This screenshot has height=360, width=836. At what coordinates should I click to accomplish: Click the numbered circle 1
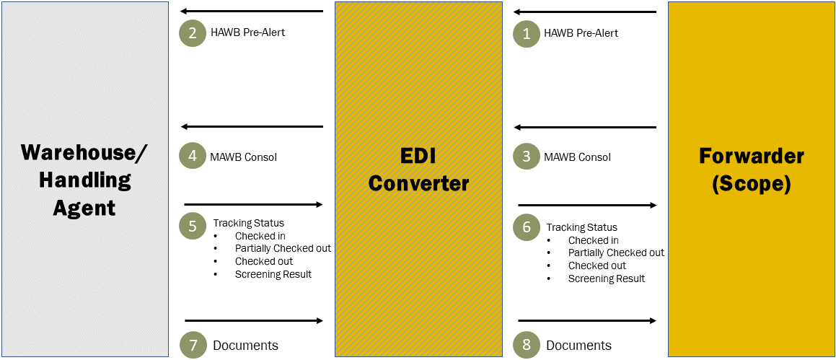coord(527,33)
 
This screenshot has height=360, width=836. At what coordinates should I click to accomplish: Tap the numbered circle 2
coord(193,33)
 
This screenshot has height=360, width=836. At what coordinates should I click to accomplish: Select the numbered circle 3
coord(527,157)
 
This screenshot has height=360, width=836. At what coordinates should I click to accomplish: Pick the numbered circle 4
coord(193,157)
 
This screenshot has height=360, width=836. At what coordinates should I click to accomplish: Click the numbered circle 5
coord(193,226)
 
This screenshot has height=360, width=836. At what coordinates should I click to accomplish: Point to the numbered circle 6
coord(527,227)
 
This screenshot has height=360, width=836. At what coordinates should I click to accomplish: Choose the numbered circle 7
coord(193,345)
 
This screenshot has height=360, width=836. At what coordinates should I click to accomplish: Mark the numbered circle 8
coord(527,345)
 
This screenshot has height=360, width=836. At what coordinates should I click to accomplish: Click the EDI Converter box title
coord(418,170)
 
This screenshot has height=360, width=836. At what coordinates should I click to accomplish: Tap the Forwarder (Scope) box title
coord(752,170)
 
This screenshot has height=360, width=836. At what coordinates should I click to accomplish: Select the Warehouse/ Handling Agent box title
coord(84,180)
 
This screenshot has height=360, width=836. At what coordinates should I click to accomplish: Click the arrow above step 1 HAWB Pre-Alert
coord(585,12)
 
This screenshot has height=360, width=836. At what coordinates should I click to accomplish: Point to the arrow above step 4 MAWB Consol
coord(252,127)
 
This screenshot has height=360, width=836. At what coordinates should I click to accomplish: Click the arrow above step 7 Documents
coord(254,320)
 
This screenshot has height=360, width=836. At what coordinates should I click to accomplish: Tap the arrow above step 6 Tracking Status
coord(587,206)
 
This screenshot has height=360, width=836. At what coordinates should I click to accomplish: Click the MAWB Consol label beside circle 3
coord(577,157)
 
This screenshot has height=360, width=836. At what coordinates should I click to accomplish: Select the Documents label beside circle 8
coord(578,346)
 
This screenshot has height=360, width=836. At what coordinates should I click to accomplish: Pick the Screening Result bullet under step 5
coord(273,275)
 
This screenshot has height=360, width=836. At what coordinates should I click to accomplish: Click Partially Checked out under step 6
coord(616,253)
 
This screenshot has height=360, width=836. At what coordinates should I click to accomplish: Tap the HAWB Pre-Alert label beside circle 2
coord(247,32)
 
